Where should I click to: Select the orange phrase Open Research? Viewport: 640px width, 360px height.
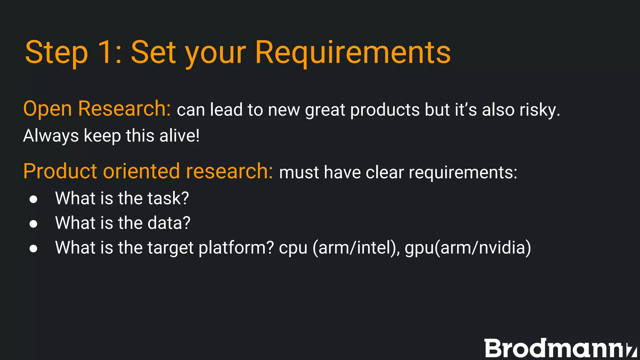(97, 109)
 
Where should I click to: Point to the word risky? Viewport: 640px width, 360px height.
(540, 110)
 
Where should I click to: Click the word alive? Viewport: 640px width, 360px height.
(179, 136)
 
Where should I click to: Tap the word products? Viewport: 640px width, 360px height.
(385, 110)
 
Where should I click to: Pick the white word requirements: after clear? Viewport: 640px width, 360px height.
(463, 172)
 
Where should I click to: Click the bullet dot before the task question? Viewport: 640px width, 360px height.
(33, 199)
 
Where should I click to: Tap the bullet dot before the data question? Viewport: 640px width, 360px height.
(33, 224)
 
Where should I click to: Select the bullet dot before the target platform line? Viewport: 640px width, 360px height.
(33, 248)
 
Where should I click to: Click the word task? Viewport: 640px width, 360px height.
(168, 198)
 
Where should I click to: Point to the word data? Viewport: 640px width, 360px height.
(169, 223)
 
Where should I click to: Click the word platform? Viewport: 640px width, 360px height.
(236, 248)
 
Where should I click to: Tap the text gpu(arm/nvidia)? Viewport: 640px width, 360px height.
(468, 248)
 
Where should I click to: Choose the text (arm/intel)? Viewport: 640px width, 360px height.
(356, 248)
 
